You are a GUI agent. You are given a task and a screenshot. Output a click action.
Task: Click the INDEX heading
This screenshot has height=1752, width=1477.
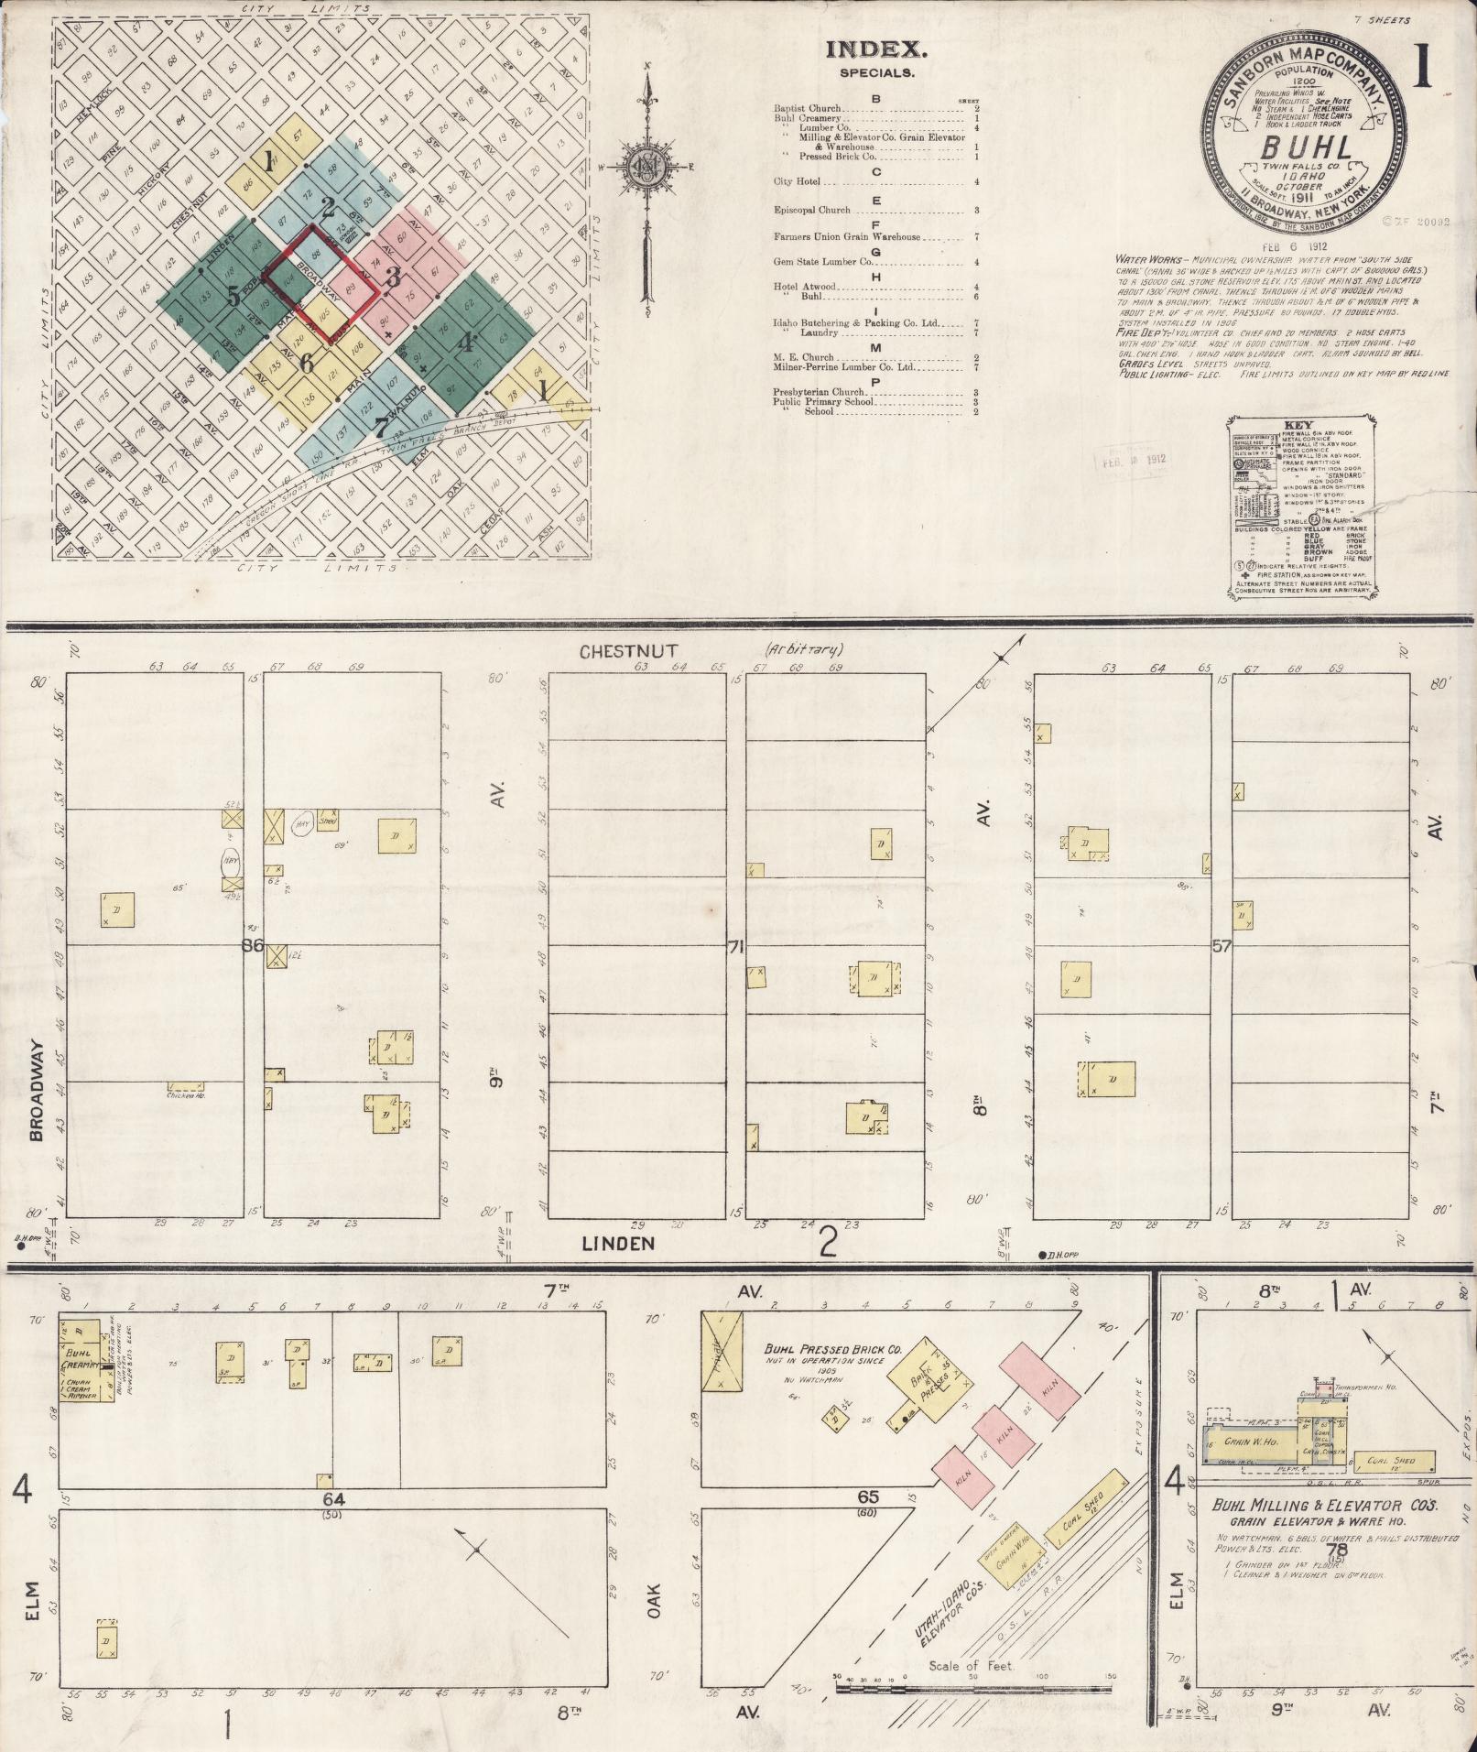coord(876,51)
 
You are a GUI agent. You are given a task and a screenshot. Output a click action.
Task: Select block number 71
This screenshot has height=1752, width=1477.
coord(734,946)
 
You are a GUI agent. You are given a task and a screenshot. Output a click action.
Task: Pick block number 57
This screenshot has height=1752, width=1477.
coord(1221,945)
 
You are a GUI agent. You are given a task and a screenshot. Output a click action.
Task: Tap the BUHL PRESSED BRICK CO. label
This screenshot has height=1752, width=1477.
coord(833,1350)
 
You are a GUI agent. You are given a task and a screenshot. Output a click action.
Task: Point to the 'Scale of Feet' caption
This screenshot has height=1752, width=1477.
coord(972,1665)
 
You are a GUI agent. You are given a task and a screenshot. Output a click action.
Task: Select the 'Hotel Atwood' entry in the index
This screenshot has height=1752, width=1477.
coord(805,287)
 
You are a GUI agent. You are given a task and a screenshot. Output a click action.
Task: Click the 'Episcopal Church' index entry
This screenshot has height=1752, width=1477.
coord(811,210)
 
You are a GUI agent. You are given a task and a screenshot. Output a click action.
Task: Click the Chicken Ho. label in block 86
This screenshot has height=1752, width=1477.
coord(186,1094)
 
